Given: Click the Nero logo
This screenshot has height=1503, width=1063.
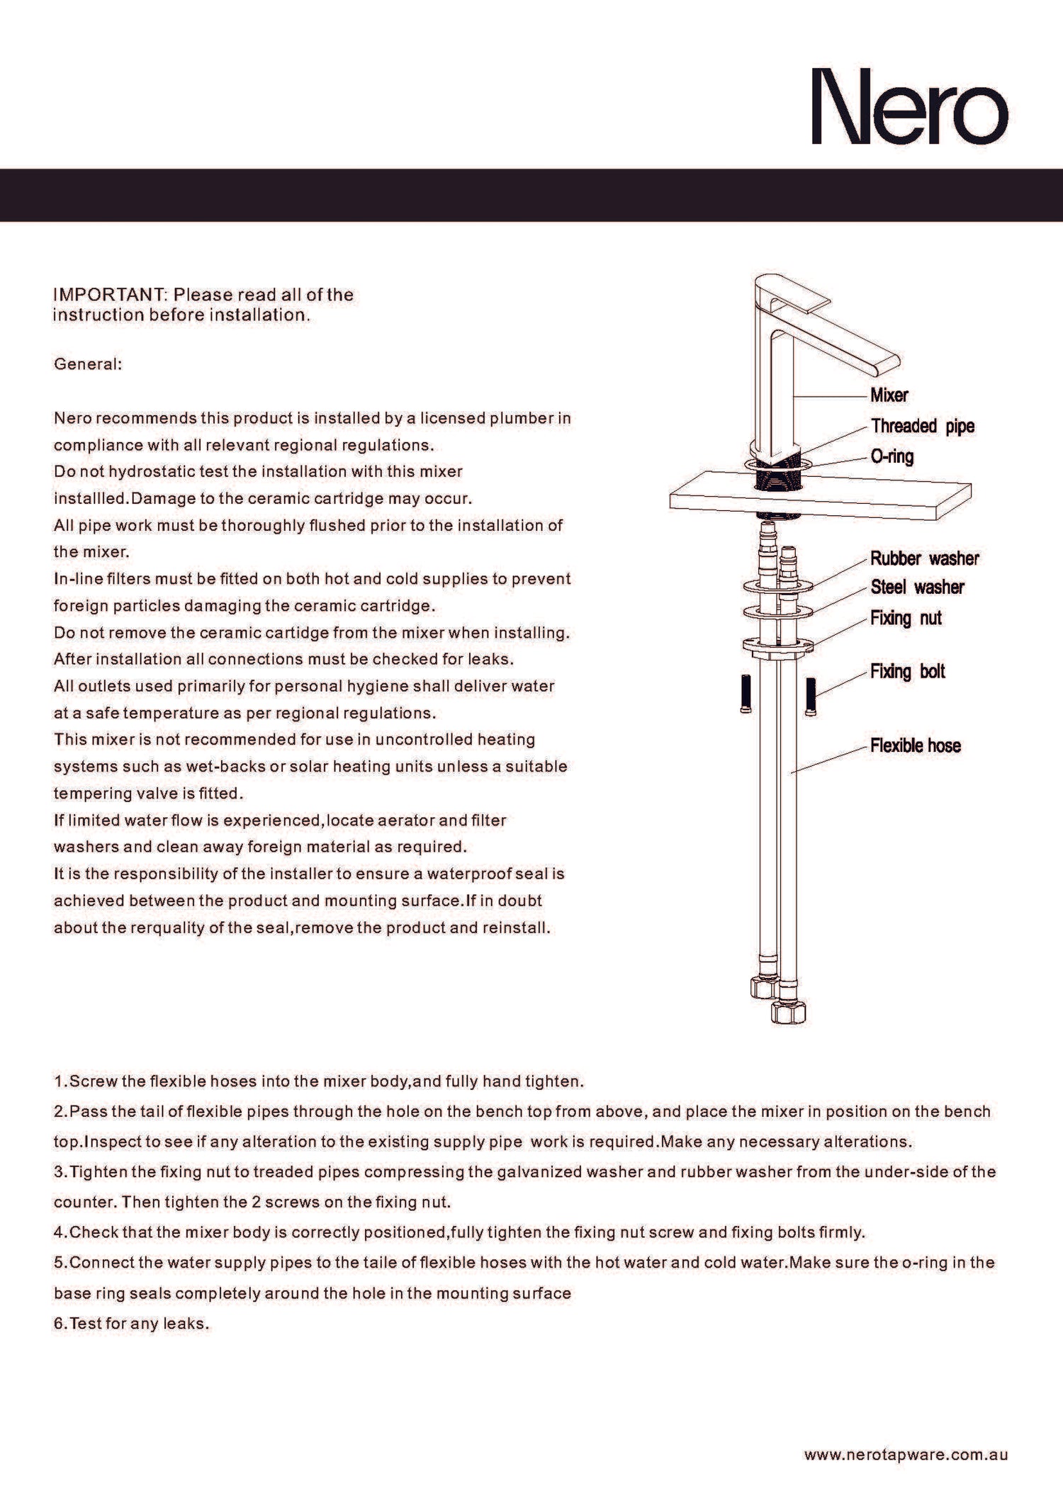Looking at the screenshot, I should tap(909, 106).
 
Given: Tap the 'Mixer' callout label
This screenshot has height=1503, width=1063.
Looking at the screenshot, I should tap(889, 395).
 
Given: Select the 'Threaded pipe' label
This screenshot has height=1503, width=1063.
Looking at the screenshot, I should tap(923, 426).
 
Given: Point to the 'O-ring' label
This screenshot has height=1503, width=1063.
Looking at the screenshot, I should tap(892, 456).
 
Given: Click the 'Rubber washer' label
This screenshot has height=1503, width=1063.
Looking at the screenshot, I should tap(924, 558).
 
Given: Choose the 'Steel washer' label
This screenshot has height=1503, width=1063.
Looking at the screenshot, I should tap(917, 587).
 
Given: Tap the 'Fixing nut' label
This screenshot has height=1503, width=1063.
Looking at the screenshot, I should tap(906, 618).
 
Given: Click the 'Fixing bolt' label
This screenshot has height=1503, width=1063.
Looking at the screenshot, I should tap(907, 671).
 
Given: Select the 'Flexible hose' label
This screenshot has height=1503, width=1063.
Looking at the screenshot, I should tap(915, 745).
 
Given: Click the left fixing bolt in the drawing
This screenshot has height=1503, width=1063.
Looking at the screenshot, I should tap(746, 694).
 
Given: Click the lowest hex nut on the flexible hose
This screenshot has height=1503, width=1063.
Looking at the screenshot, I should tap(788, 1012).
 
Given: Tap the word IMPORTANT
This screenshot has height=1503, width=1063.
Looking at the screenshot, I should tap(108, 295).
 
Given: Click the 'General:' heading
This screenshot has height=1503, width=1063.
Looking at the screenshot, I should tap(88, 364).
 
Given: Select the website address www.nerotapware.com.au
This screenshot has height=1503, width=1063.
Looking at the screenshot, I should tap(906, 1454).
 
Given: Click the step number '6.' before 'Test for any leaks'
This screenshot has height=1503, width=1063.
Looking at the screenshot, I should tap(61, 1324).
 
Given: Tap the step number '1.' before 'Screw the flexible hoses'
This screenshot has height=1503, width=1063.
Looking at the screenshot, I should tap(61, 1081).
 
